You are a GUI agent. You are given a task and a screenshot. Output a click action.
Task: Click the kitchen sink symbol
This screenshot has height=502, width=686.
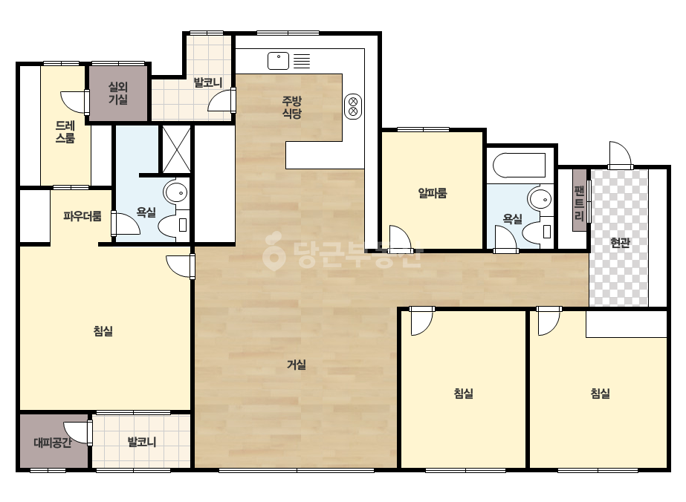pos(278,61)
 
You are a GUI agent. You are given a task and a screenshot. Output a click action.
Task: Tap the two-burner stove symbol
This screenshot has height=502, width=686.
pos(353,106)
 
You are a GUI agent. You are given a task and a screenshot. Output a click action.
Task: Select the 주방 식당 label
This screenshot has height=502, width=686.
pos(292,108)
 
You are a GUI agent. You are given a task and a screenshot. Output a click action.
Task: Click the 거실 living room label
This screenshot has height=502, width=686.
pos(297,365)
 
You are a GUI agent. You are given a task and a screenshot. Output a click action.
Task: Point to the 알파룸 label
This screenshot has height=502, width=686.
pos(433,193)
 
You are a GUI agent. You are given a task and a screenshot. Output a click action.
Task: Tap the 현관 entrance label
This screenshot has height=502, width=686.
pos(620,243)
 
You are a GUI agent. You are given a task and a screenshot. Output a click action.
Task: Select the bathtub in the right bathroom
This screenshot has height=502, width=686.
pos(520,166)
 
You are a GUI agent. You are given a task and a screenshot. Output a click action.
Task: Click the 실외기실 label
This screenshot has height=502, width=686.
pos(117,93)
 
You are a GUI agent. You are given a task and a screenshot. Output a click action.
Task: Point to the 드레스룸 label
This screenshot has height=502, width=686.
pos(65,132)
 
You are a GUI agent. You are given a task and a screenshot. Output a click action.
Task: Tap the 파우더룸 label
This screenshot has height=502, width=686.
pos(82,216)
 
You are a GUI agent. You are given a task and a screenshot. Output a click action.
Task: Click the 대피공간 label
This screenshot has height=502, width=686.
pos(53,443)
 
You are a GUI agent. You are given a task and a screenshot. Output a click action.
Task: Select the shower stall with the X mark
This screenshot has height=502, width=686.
pos(176,149)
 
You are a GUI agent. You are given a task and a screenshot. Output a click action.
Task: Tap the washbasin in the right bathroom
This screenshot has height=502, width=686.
pos(541,200)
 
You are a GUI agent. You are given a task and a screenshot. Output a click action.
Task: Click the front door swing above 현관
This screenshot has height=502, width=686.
pos(621,154)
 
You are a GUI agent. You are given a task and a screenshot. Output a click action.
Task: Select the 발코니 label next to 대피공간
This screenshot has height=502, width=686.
pos(142,442)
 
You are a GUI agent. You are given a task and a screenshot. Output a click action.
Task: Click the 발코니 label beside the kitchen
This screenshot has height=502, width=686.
pos(208,82)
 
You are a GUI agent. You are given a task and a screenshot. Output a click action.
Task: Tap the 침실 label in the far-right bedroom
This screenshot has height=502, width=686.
pos(601,394)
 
